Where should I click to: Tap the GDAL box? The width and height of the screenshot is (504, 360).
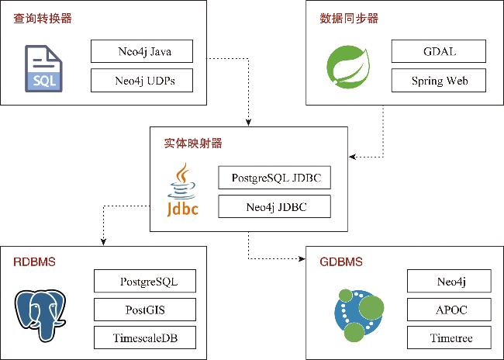[439, 52]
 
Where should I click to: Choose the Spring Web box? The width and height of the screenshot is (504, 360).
[439, 80]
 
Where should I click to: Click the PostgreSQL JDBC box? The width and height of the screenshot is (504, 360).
[275, 178]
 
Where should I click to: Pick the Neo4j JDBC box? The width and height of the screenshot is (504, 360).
[275, 206]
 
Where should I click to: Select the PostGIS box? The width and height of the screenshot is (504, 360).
[144, 310]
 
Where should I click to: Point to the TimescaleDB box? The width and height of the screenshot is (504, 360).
[144, 337]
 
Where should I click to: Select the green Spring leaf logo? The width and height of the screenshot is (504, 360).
[347, 65]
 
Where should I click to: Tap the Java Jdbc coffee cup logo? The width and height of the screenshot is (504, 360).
[183, 191]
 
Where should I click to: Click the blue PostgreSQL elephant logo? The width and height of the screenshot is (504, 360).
[41, 313]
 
